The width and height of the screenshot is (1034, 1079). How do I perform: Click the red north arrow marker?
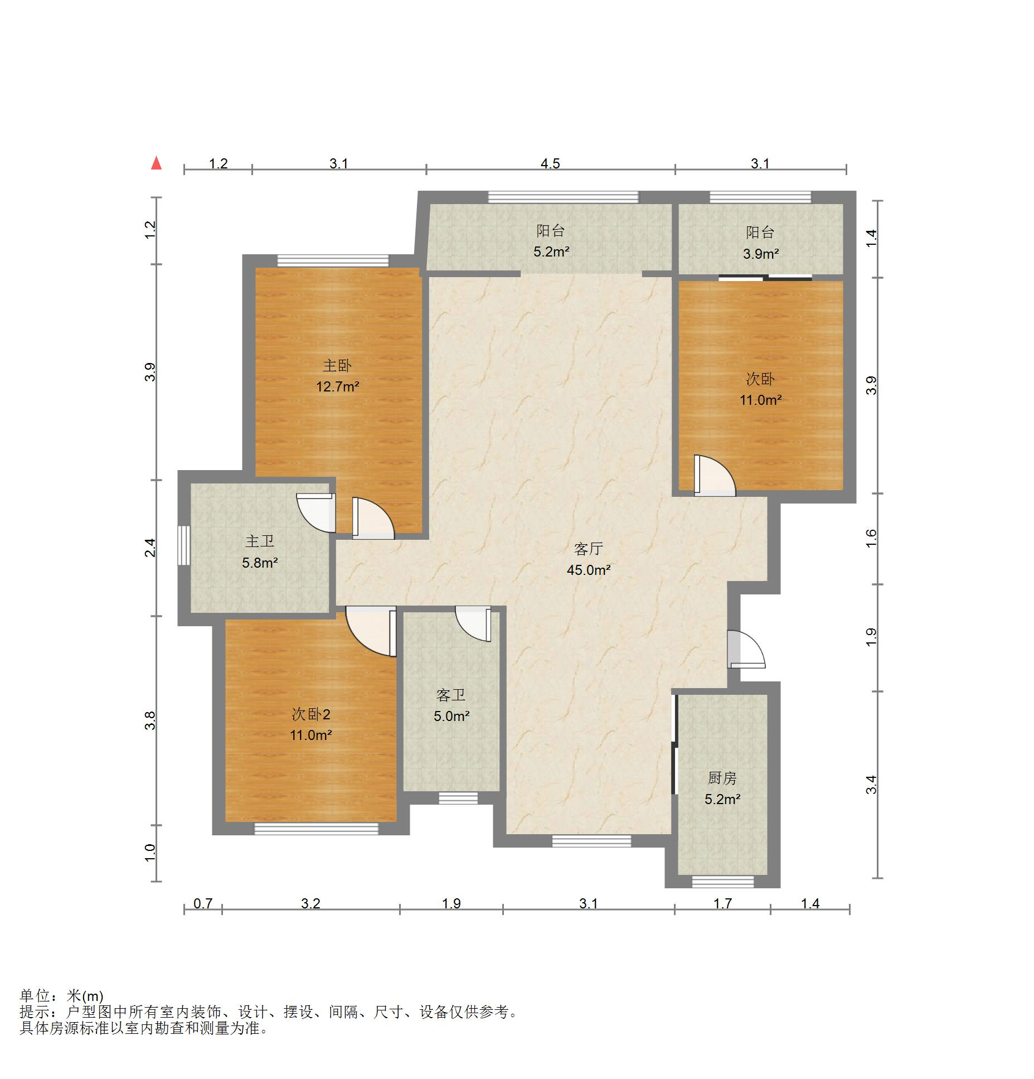pos(157,163)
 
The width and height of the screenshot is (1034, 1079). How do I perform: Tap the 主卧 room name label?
pos(337,366)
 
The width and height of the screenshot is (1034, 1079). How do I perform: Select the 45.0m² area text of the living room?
pos(589,570)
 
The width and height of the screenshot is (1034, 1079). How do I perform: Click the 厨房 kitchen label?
pos(722,778)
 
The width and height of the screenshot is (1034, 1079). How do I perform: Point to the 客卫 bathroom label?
pos(451,695)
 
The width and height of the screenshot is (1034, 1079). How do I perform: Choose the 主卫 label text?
pos(260,541)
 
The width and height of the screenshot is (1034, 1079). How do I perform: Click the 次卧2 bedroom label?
pos(311,714)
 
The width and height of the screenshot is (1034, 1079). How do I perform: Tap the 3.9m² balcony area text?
pos(761,254)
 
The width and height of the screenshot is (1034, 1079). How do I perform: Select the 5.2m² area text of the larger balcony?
pos(551,251)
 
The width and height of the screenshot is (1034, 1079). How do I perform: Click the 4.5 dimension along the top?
pos(550,163)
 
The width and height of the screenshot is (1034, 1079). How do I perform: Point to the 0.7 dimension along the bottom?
pos(203,903)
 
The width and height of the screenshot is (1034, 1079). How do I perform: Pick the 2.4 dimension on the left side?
pos(150,548)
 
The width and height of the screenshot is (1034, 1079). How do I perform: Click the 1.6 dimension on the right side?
pos(872,538)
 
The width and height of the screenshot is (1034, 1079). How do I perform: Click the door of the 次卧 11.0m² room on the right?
pos(715,476)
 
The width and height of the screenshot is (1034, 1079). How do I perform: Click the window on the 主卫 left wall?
pos(184,545)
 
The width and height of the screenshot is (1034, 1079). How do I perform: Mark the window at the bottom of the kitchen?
pos(723,882)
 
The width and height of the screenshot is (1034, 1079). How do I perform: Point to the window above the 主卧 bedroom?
pos(333,260)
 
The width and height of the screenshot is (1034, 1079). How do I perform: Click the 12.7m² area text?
pos(338,386)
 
